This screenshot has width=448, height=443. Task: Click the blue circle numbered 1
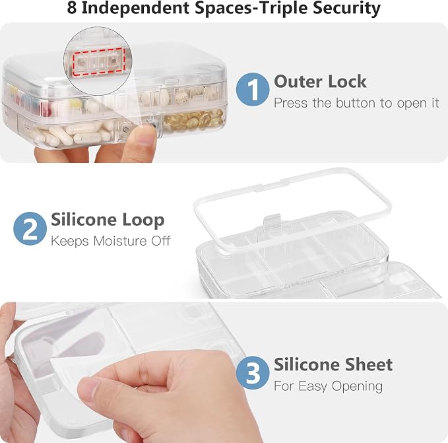[x=253, y=89]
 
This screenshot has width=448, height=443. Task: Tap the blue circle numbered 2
[x=30, y=228]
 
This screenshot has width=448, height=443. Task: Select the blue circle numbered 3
[x=253, y=372]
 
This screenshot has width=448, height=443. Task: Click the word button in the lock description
[x=356, y=103]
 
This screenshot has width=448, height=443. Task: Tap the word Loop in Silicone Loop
[x=143, y=220]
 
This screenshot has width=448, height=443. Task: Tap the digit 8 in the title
[x=72, y=8]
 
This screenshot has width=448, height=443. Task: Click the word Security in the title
[x=346, y=9]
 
